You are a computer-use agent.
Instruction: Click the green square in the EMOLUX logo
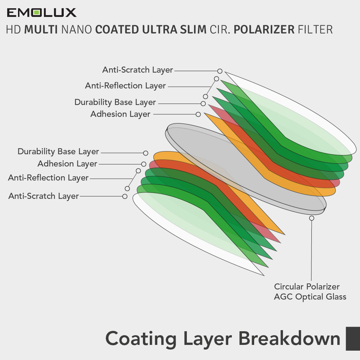[36, 13]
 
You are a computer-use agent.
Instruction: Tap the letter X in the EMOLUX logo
[71, 13]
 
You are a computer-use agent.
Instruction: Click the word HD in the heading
[13, 29]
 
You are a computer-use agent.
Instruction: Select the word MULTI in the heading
[41, 29]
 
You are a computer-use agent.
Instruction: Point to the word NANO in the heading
[77, 29]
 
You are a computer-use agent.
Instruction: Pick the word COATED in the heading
[117, 29]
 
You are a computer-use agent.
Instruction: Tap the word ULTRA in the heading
[160, 29]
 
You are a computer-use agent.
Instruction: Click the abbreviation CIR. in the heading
[220, 29]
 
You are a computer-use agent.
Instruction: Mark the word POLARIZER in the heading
[264, 29]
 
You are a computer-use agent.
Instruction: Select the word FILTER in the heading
[315, 29]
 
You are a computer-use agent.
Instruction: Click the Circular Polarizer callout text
[307, 287]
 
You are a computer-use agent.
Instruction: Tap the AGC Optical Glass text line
[310, 297]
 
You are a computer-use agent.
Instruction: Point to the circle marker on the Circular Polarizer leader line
[311, 218]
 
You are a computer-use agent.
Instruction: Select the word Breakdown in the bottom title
[289, 338]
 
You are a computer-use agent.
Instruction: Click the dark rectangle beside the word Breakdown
[353, 339]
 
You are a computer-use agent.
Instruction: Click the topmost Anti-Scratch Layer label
[138, 70]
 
